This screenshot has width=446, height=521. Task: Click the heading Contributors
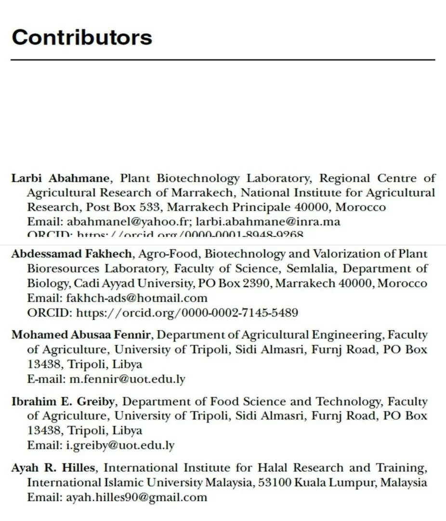(x=82, y=37)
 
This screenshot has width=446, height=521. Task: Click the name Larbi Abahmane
(x=60, y=178)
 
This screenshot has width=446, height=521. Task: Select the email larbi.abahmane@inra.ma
(x=268, y=222)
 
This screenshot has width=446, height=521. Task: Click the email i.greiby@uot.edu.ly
(x=120, y=445)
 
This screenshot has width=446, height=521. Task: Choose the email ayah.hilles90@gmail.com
(x=136, y=497)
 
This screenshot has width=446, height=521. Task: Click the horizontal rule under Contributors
(x=223, y=60)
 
